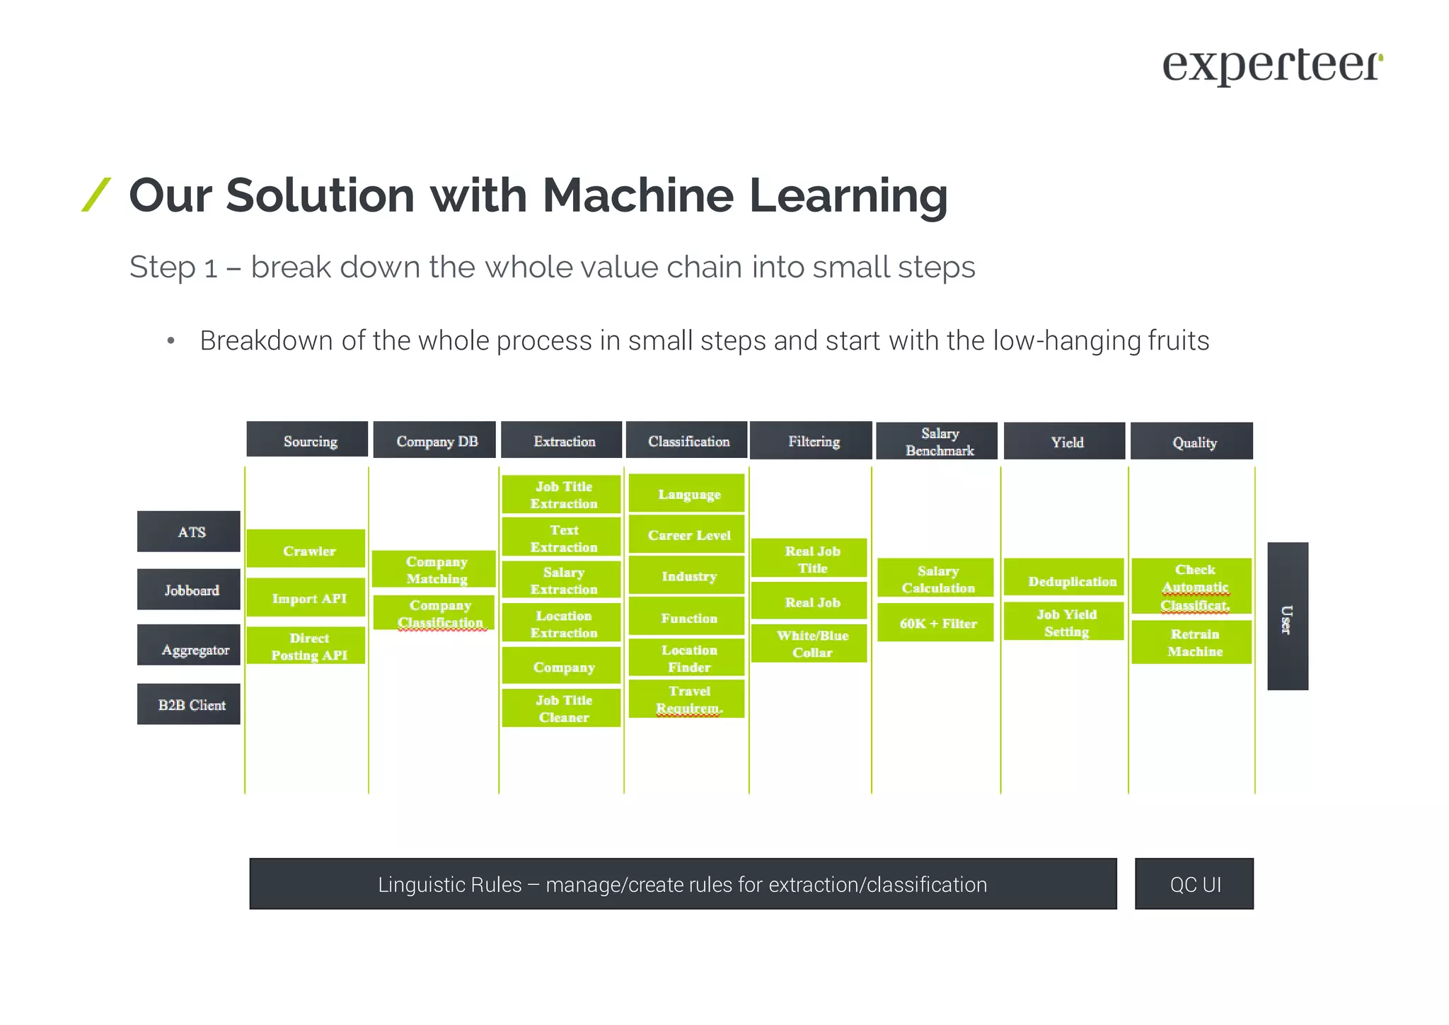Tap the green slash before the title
click(x=96, y=195)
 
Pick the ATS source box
click(x=189, y=532)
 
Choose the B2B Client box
click(x=189, y=704)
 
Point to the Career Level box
click(x=687, y=535)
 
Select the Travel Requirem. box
click(x=687, y=699)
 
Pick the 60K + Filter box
click(x=935, y=623)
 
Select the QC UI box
click(x=1194, y=884)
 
